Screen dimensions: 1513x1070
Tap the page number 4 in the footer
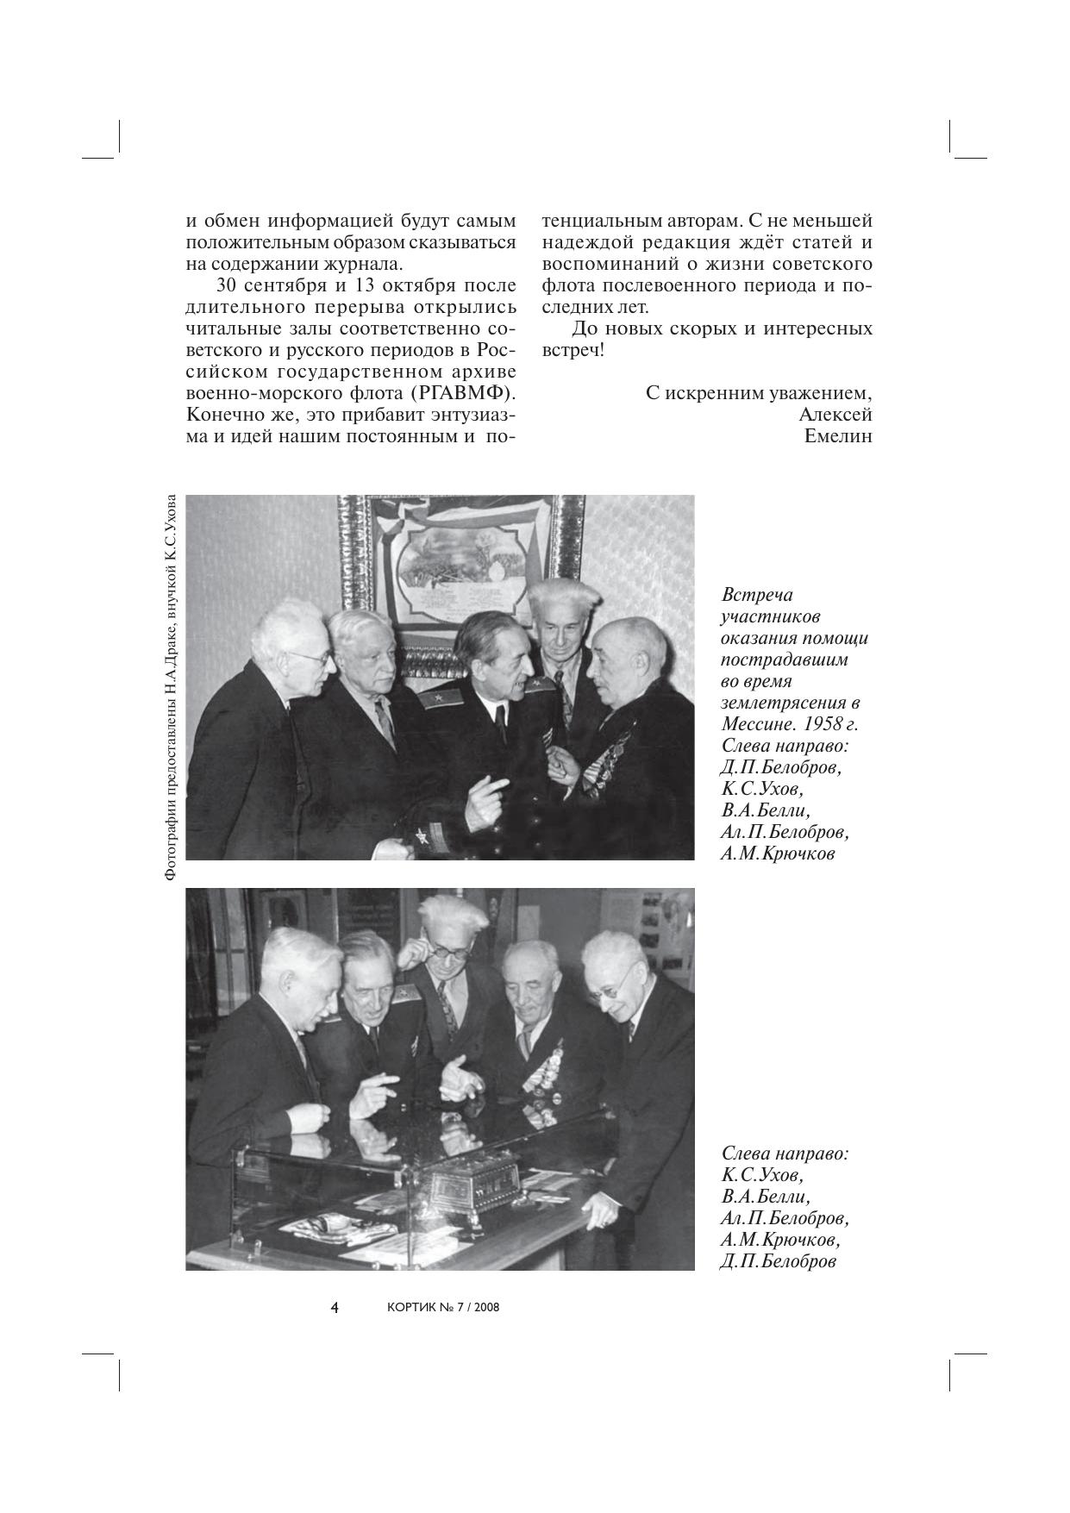click(335, 1307)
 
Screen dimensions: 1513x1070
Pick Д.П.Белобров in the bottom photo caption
click(779, 1262)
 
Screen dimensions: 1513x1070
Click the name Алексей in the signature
click(835, 415)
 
